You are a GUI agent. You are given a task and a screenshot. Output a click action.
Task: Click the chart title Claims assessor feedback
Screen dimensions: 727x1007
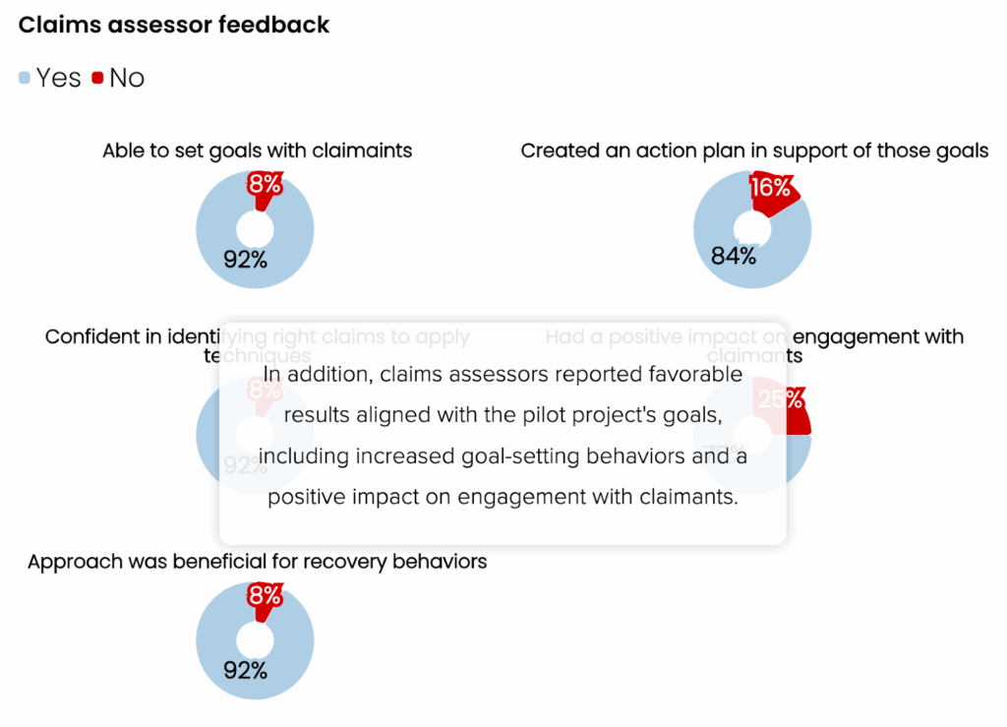(174, 26)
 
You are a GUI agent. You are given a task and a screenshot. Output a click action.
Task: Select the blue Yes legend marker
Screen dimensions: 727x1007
(25, 78)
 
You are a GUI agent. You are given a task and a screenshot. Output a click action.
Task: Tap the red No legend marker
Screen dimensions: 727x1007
(97, 78)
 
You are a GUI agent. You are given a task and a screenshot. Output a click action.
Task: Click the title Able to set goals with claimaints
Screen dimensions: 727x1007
(257, 151)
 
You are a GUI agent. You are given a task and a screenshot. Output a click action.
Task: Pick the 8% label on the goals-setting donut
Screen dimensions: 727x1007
(266, 184)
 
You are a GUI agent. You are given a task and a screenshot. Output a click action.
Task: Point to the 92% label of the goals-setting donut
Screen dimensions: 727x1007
(245, 260)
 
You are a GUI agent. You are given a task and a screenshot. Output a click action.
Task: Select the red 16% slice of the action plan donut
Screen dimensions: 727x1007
(777, 190)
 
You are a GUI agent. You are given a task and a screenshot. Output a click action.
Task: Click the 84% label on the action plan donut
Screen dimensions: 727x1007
(735, 257)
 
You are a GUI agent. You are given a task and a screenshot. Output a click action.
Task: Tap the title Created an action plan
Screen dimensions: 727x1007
(754, 151)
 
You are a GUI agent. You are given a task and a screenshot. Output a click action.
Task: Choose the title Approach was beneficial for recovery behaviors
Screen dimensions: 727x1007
(258, 562)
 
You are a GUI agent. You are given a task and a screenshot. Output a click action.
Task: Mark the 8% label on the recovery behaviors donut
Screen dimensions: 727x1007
(266, 595)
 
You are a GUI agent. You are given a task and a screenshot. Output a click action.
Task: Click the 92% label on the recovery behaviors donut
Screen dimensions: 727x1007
(245, 671)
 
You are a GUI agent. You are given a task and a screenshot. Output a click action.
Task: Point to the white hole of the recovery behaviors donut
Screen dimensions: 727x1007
(256, 640)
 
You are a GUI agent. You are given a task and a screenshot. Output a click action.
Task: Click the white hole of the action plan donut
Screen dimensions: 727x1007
(753, 230)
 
